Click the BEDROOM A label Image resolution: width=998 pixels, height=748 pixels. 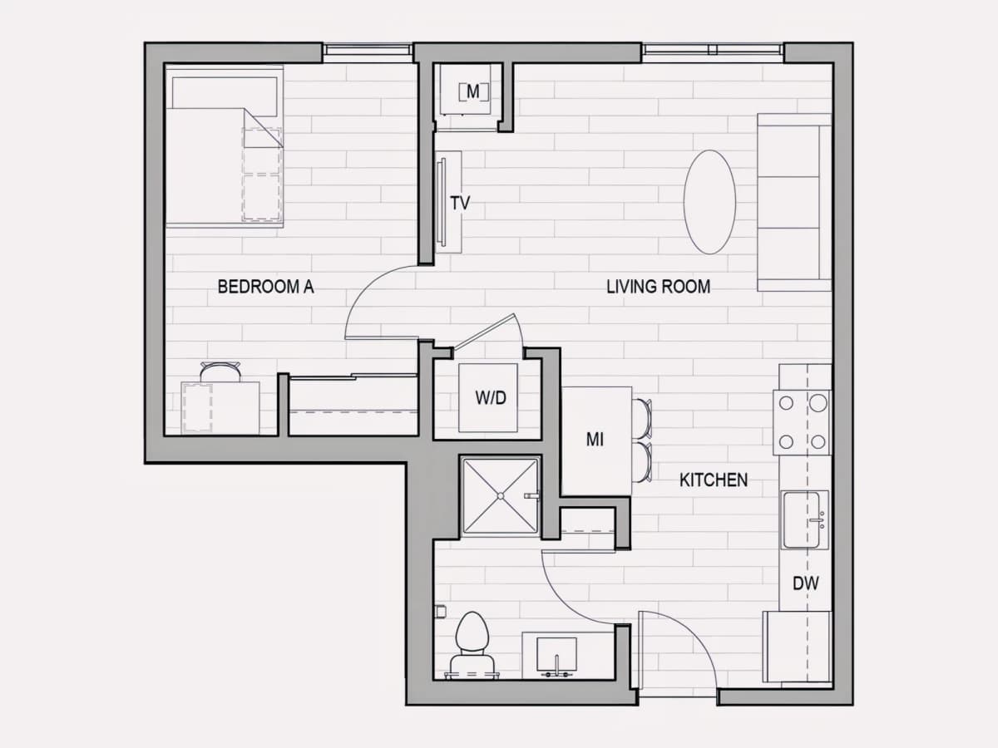(265, 287)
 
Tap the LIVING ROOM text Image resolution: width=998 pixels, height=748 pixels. (659, 287)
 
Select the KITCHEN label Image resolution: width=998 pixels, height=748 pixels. (714, 480)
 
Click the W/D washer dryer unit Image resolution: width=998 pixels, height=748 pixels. (488, 398)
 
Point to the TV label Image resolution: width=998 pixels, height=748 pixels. (460, 203)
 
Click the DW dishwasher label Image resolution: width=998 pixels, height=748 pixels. (806, 583)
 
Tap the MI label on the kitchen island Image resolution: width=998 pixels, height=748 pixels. (595, 439)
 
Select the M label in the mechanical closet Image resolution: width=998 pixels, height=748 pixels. (473, 91)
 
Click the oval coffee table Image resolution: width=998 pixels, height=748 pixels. (709, 202)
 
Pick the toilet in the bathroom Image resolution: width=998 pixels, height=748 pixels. (472, 646)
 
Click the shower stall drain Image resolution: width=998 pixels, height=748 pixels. (500, 496)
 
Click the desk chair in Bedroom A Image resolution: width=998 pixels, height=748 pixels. (220, 372)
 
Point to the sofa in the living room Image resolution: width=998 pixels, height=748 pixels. (794, 202)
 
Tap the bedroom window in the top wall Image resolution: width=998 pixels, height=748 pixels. (368, 52)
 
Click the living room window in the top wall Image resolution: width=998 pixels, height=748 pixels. (713, 52)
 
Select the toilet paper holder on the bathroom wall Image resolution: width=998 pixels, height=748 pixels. (440, 612)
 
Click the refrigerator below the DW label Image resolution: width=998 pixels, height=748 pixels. (797, 647)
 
